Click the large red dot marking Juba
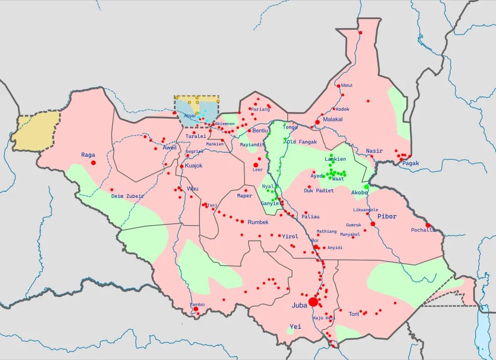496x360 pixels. point(313,301)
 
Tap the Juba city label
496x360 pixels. point(300,305)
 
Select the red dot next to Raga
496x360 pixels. point(93,163)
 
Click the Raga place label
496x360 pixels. point(88,155)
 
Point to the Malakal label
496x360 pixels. point(333,120)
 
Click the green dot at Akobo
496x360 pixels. point(367,187)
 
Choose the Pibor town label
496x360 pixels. point(387,216)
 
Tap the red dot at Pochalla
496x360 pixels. point(428,225)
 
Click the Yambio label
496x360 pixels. point(197,304)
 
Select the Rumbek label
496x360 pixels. point(258,222)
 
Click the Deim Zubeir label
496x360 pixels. point(127,196)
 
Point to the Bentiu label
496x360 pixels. point(260,130)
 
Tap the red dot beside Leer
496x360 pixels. point(256,165)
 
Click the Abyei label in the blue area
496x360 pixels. point(190,116)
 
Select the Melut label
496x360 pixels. point(347,85)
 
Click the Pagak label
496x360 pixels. point(411,163)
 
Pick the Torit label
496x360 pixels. point(354,314)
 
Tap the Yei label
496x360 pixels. point(295,326)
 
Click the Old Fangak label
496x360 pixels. point(301,142)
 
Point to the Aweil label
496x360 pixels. point(170,148)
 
